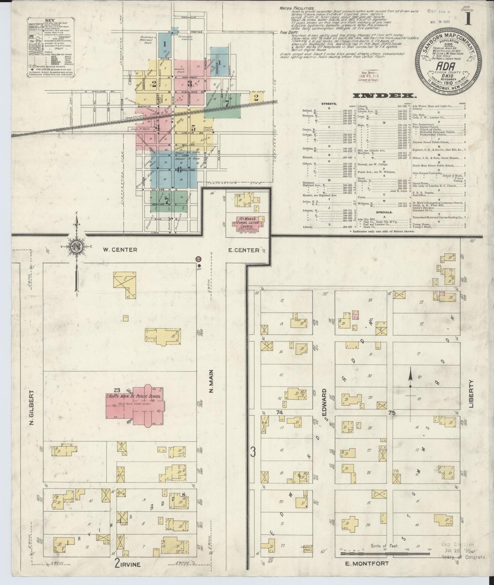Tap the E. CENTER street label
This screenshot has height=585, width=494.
(x=244, y=250)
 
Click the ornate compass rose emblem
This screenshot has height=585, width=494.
(x=76, y=247)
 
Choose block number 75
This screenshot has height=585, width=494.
(x=391, y=413)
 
